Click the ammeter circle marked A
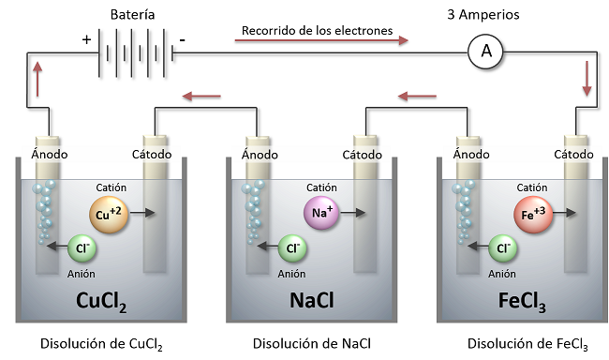(x=485, y=53)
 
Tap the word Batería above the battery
(x=132, y=15)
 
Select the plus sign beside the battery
(x=87, y=40)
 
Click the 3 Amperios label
(x=485, y=15)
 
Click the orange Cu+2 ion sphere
(x=108, y=213)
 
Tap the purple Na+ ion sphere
(x=319, y=213)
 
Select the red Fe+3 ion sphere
(x=531, y=213)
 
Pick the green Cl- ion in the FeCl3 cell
(x=505, y=248)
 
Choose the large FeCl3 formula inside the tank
(x=522, y=302)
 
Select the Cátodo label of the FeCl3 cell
(x=573, y=154)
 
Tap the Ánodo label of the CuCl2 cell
(x=48, y=154)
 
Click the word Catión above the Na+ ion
(x=320, y=187)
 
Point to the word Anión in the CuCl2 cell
(x=82, y=274)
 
